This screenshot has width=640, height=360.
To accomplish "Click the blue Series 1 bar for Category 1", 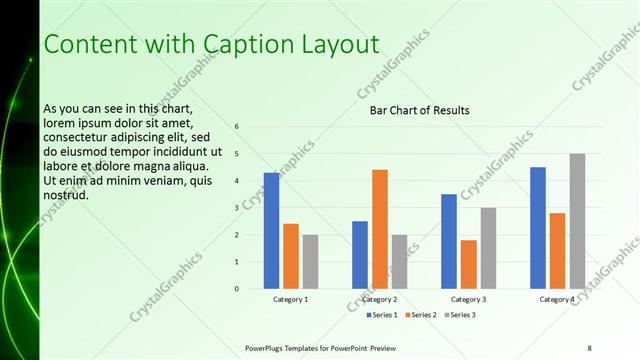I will (271, 231).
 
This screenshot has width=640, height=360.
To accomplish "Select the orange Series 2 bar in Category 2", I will (380, 229).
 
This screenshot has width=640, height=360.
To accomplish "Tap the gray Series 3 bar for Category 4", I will (577, 221).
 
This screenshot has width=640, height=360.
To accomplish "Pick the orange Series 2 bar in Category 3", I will (468, 264).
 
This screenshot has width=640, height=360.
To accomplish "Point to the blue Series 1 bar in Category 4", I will (538, 228).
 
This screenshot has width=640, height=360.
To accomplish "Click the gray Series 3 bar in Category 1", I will (310, 262).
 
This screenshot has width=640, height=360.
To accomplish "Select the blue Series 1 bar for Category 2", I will (360, 255).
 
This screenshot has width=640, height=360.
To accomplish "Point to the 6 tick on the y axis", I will (237, 127).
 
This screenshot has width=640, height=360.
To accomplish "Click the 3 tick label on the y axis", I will (237, 208).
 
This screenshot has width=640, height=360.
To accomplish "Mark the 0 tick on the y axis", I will (237, 289).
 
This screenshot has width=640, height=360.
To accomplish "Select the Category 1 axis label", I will (290, 299).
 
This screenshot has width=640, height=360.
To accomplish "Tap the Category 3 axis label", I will (468, 299).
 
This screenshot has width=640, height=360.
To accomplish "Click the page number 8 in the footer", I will (589, 347).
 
